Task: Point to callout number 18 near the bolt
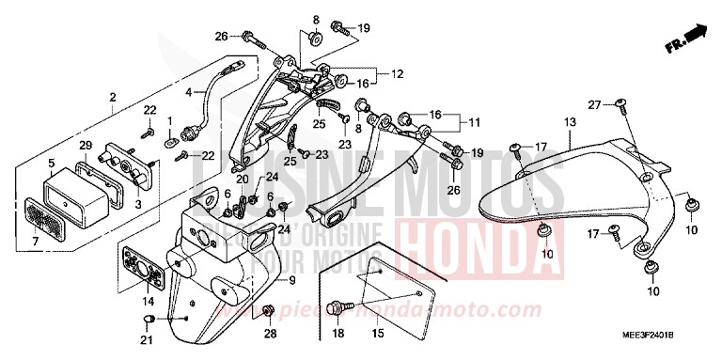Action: click(x=337, y=334)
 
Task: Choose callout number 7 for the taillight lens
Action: click(x=37, y=243)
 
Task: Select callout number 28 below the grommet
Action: click(x=269, y=334)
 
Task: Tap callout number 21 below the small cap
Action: click(x=147, y=343)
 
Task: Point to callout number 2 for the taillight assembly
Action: click(x=113, y=97)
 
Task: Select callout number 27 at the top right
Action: click(x=594, y=103)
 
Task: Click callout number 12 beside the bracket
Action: click(x=397, y=73)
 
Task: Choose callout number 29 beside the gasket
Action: click(x=84, y=144)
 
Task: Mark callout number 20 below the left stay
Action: click(x=243, y=180)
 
